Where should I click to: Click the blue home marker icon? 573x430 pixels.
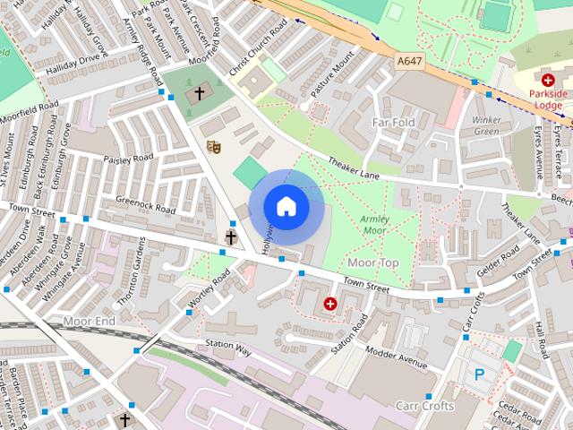[286, 207]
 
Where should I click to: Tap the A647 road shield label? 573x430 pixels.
[409, 61]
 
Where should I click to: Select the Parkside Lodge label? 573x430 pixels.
[548, 99]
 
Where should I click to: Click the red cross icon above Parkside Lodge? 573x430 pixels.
[548, 80]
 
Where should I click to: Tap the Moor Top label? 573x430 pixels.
[372, 262]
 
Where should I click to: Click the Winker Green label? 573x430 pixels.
[486, 125]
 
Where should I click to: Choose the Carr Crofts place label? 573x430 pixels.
[425, 406]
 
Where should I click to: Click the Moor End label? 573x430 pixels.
[90, 320]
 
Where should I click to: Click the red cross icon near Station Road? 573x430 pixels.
[331, 305]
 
